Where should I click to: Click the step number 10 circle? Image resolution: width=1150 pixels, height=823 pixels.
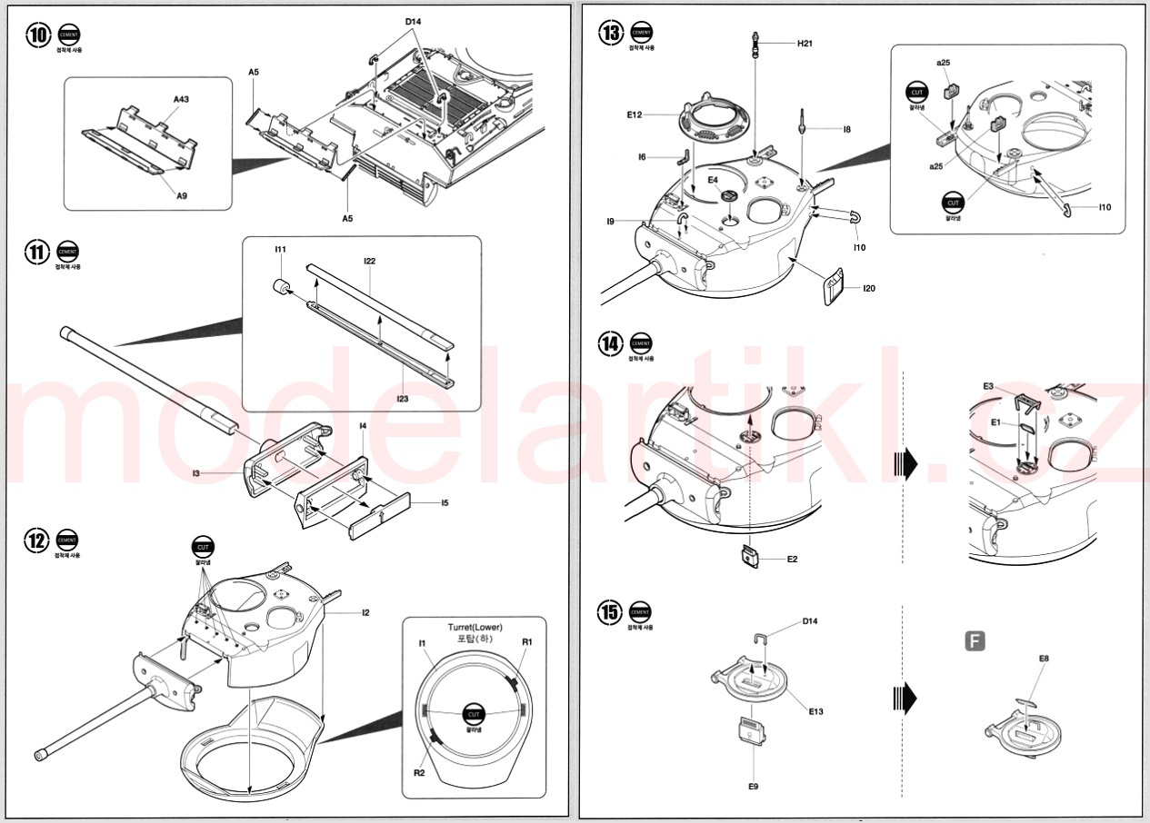tap(38, 35)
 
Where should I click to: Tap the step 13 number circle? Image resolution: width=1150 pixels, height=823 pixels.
tap(611, 33)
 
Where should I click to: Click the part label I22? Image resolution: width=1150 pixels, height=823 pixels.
tap(369, 262)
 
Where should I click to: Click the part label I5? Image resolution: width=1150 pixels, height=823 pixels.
tap(445, 502)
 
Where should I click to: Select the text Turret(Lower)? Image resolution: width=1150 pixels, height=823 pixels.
tap(475, 628)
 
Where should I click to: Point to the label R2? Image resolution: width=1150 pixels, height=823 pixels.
tap(419, 772)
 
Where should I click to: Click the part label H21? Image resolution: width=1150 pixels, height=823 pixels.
tap(805, 44)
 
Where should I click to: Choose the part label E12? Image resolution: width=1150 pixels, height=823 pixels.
tap(635, 115)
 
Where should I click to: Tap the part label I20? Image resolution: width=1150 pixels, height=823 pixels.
tap(869, 288)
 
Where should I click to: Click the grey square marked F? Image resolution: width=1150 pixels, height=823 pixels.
tap(974, 642)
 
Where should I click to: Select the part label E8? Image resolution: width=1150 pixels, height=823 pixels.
tap(1044, 659)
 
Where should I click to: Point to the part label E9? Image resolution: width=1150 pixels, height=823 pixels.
tap(753, 786)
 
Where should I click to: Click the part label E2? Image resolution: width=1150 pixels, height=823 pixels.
tap(792, 559)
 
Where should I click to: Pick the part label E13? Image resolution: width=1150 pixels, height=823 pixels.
tap(815, 711)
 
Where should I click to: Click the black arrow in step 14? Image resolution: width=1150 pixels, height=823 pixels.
tap(906, 464)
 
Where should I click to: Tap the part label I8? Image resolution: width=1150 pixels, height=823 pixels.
tap(846, 130)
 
